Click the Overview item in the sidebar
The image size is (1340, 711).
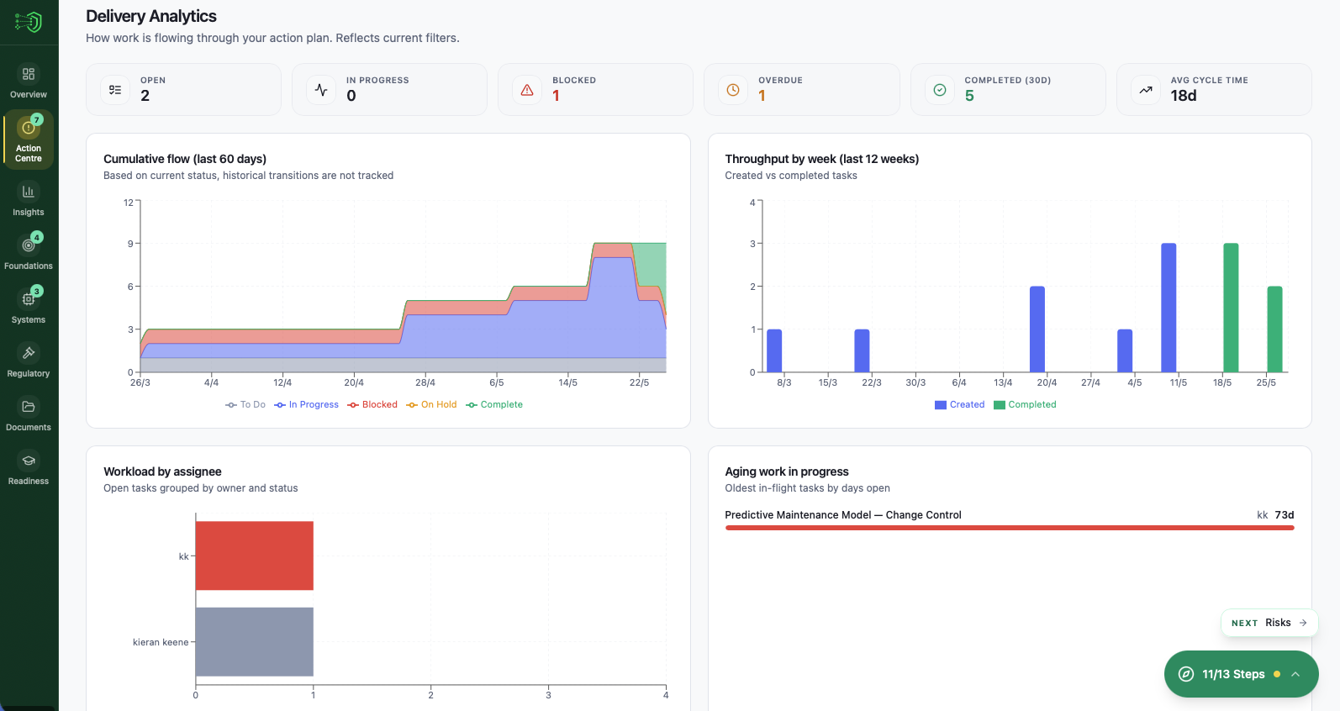[28, 82]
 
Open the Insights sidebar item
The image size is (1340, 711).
[28, 199]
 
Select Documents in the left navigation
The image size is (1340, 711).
[28, 414]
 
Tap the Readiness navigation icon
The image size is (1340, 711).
[28, 461]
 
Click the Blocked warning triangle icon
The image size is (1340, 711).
[527, 90]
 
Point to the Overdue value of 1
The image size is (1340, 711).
[762, 96]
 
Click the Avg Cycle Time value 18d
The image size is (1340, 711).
[1184, 96]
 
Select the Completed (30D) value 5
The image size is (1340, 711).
[969, 96]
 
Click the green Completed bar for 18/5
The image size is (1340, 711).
[1231, 308]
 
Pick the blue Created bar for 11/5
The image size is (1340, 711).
[1169, 308]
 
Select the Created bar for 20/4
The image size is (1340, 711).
[1037, 329]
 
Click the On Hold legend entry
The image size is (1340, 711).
[431, 405]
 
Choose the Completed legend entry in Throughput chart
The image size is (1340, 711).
[1025, 405]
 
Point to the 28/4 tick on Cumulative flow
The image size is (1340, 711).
[425, 382]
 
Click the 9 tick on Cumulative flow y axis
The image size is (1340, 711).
[129, 244]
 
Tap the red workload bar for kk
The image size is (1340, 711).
[254, 556]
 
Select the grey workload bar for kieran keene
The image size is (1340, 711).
[254, 641]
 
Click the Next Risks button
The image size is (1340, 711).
[1269, 623]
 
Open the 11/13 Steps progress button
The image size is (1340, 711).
[1241, 674]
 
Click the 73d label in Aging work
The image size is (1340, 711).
[1285, 515]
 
